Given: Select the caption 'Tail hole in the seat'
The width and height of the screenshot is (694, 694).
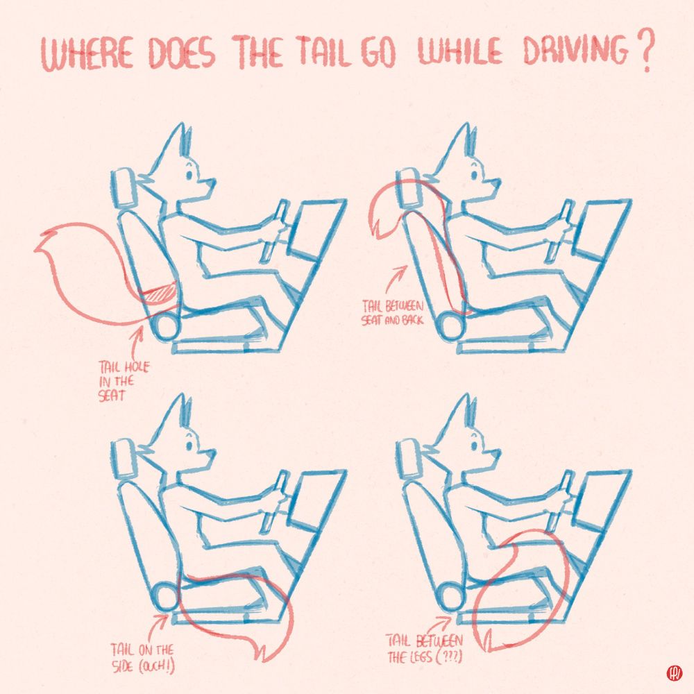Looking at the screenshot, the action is pyautogui.click(x=124, y=380).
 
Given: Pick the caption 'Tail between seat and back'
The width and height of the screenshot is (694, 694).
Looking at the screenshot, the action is pyautogui.click(x=393, y=312).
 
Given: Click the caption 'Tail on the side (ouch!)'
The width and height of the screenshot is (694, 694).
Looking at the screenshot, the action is pyautogui.click(x=142, y=658).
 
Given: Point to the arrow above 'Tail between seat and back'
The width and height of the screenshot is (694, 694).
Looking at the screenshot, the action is pyautogui.click(x=396, y=279).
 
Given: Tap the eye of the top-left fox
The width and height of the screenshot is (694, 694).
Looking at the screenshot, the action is pyautogui.click(x=189, y=174).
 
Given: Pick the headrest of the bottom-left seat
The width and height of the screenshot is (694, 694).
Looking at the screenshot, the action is pyautogui.click(x=124, y=457).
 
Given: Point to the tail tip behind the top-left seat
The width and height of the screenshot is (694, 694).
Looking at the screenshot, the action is pyautogui.click(x=40, y=242).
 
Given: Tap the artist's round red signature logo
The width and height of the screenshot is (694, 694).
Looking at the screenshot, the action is pyautogui.click(x=674, y=674).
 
